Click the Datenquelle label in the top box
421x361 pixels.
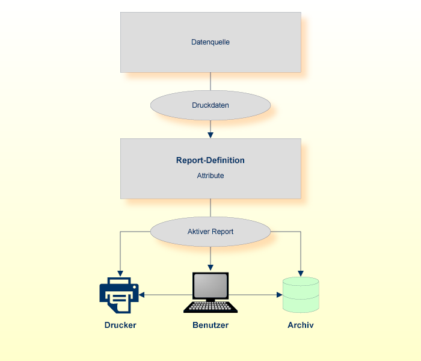click(x=210, y=42)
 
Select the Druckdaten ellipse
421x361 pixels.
click(x=210, y=105)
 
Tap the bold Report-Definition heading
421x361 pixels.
click(x=210, y=161)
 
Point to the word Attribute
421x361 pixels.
click(x=210, y=176)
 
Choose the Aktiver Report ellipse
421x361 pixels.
click(x=210, y=232)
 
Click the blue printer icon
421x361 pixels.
click(x=119, y=295)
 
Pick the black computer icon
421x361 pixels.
click(x=210, y=292)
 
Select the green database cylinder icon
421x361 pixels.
click(x=301, y=295)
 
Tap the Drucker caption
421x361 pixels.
click(x=120, y=325)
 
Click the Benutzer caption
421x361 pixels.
click(x=210, y=325)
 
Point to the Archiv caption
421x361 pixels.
click(x=301, y=325)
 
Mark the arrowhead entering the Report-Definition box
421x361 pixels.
click(x=210, y=135)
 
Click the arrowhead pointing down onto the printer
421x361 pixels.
click(x=120, y=273)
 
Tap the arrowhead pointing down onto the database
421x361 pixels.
click(x=301, y=273)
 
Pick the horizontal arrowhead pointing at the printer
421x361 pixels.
click(x=143, y=295)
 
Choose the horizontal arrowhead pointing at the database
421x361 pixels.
click(x=279, y=295)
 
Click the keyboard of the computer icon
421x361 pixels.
click(x=210, y=306)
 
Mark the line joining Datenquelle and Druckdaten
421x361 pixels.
click(x=210, y=81)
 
